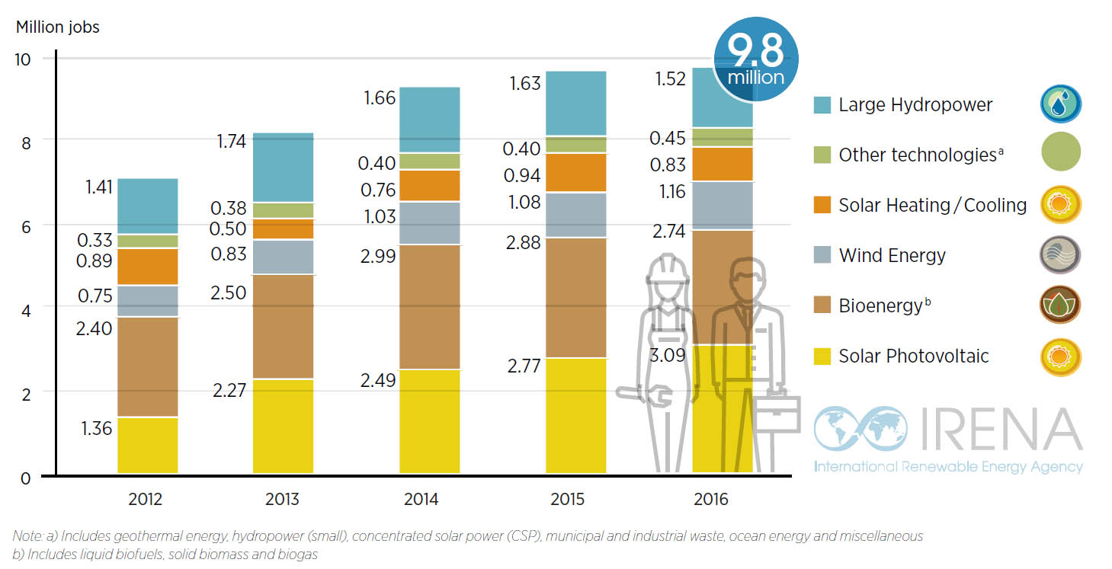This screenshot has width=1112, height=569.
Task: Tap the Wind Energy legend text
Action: coord(892,255)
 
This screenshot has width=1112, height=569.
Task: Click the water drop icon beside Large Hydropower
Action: coord(1060,104)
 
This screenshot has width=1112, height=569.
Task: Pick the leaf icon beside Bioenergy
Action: coord(1060,305)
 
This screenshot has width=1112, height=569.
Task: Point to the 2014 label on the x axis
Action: coord(421,500)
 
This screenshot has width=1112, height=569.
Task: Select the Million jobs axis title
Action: coord(57,27)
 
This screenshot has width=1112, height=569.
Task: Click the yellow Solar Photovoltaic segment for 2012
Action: coord(147,446)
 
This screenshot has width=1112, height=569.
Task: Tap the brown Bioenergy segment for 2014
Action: coord(429,306)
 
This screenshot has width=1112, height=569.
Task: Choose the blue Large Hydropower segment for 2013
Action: coord(283,168)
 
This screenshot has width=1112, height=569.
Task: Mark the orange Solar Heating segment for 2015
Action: coord(575,172)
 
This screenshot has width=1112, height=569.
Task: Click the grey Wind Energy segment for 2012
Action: coord(147,301)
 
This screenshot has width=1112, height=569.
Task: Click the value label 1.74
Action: coord(228,141)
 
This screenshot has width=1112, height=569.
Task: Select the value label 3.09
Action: coord(667,355)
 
